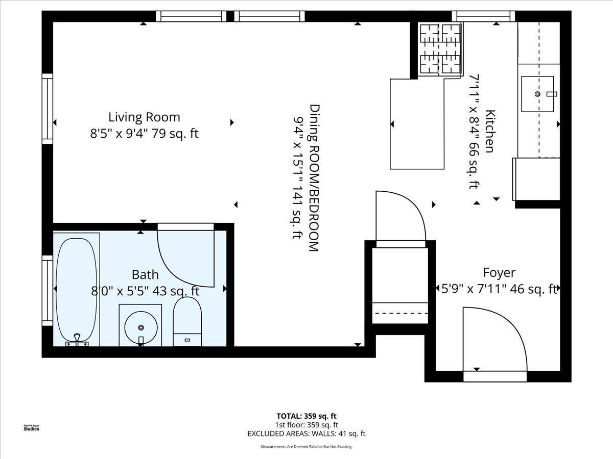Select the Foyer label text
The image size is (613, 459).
[x=499, y=273]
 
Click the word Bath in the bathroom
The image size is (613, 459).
[x=145, y=275]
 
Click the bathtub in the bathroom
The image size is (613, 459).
[x=76, y=289]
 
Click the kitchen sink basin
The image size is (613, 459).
[x=537, y=94]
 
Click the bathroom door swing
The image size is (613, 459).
[x=185, y=255]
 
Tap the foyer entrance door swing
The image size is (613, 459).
[x=493, y=339]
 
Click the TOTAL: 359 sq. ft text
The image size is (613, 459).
[x=306, y=416]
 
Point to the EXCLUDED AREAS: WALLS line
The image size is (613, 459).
[x=306, y=434]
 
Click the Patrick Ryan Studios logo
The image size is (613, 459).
[x=32, y=427]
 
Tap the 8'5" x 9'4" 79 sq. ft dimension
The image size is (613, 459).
[x=144, y=134]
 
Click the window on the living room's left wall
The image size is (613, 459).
[x=48, y=108]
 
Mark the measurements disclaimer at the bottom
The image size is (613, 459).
[x=306, y=447]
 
